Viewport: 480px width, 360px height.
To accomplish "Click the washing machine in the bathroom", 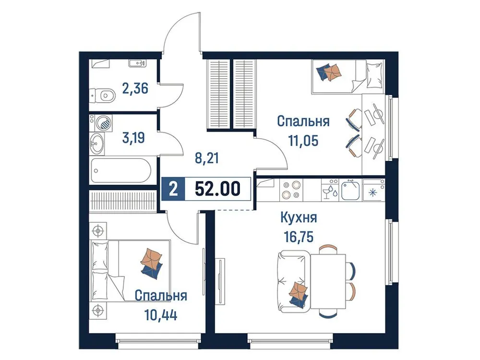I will pos(104,123).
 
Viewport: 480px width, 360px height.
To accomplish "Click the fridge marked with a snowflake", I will pos(373,190).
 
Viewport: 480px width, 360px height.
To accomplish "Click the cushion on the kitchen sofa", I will pos(298,293).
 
